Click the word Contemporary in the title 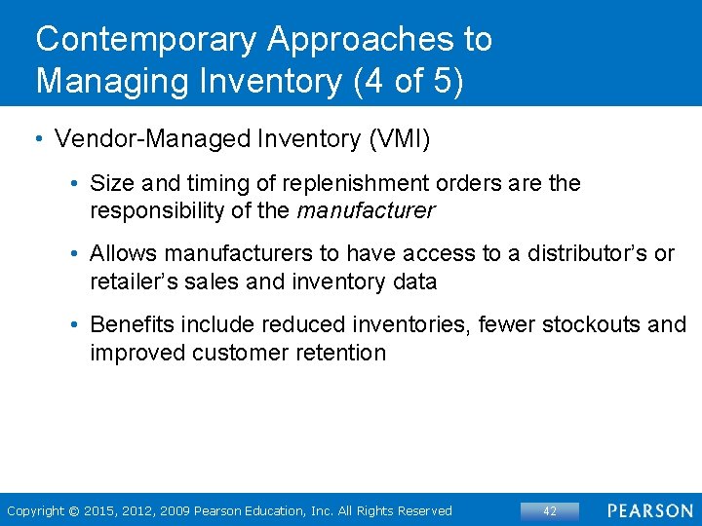[x=146, y=39]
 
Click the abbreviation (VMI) [x=398, y=139]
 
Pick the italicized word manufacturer [x=366, y=210]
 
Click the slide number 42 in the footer [x=549, y=510]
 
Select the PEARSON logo [x=650, y=510]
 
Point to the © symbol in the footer [x=73, y=510]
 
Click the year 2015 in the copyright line [x=101, y=510]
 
